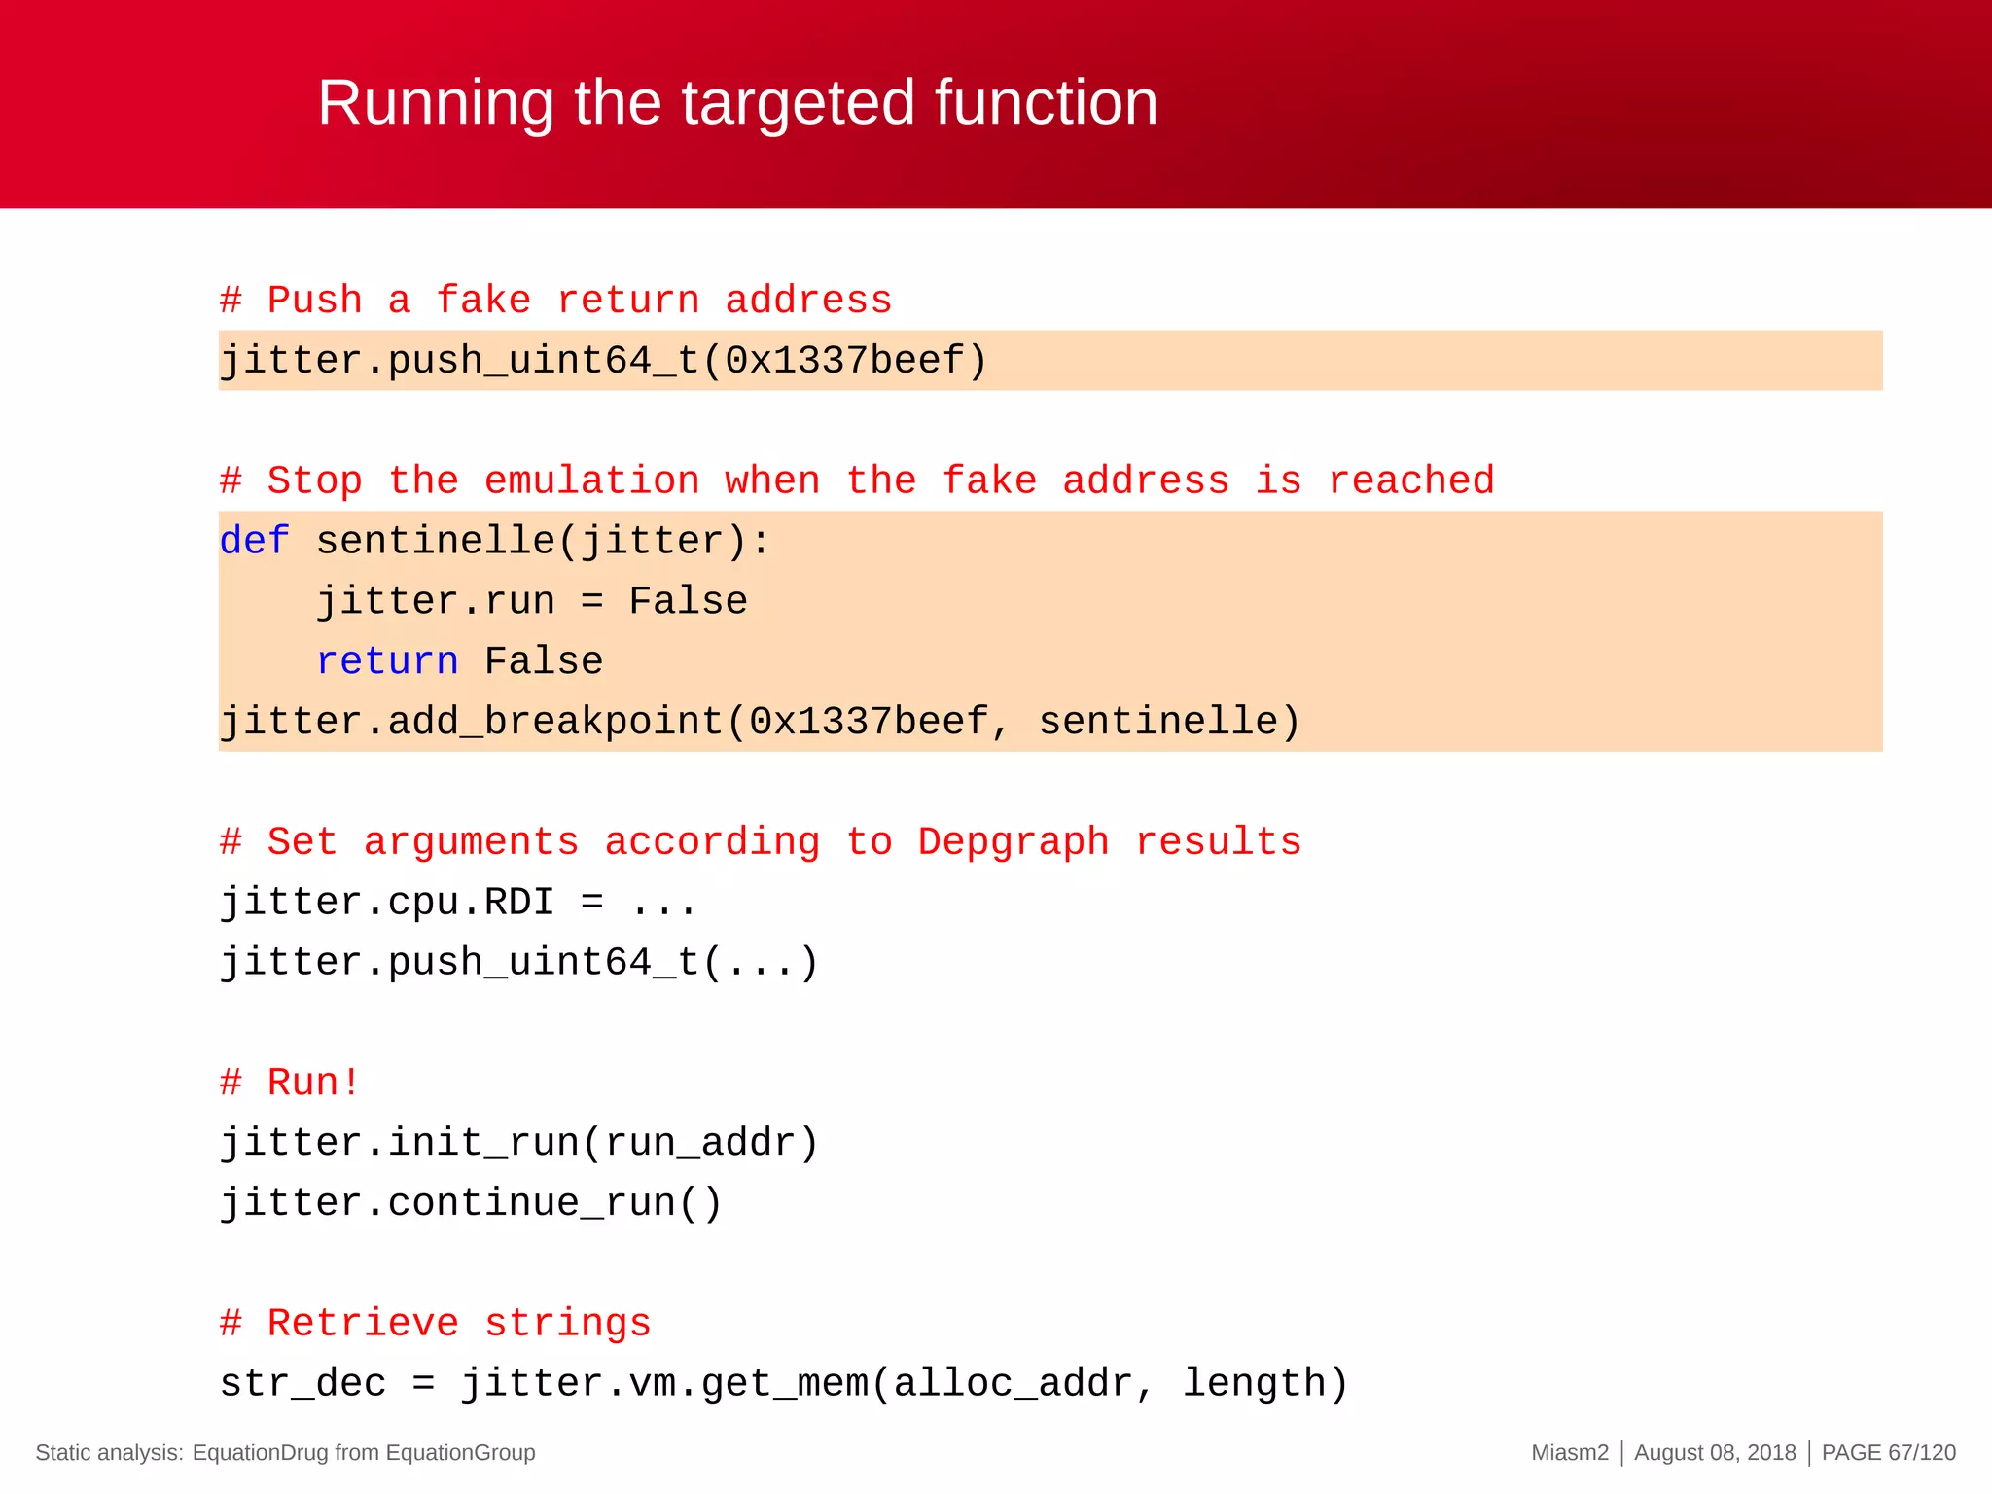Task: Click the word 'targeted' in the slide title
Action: click(798, 103)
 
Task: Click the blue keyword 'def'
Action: click(254, 541)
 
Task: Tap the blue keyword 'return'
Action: click(387, 661)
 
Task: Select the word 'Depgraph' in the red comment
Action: click(1013, 842)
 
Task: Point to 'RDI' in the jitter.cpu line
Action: click(518, 903)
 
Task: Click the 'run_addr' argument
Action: click(699, 1143)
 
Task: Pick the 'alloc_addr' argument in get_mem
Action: click(1013, 1383)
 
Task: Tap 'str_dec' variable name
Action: click(302, 1383)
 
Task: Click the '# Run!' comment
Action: click(290, 1083)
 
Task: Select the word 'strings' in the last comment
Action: click(567, 1324)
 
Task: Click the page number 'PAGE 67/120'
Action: click(1888, 1453)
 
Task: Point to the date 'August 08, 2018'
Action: click(1715, 1453)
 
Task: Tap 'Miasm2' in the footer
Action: click(1570, 1453)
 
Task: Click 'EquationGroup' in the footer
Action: click(460, 1453)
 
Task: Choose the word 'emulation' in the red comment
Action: click(591, 481)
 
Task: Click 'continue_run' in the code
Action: click(531, 1203)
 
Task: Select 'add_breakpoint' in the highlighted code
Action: click(555, 722)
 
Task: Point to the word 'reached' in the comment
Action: click(1410, 481)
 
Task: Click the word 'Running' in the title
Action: click(435, 103)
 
